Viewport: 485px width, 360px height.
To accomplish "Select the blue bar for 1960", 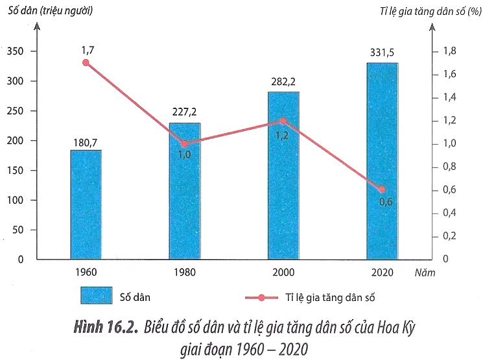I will pos(86,204).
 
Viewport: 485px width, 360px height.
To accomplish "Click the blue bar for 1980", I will pos(185,191).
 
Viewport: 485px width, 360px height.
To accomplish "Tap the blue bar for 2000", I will pos(283,175).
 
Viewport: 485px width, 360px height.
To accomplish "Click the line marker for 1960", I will pos(86,63).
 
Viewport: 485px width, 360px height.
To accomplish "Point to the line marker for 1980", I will pos(185,144).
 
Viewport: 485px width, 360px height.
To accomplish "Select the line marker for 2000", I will pos(283,121).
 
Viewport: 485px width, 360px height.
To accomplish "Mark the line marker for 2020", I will pos(382,189).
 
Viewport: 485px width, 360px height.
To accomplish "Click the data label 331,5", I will pos(382,52).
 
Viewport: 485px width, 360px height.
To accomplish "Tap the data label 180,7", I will pos(86,139).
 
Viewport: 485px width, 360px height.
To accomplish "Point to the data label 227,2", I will pos(185,112).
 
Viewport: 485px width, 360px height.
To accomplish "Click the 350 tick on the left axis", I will pos(18,51).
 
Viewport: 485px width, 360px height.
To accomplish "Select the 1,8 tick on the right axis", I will pos(449,51).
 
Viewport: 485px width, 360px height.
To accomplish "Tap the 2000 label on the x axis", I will pos(283,272).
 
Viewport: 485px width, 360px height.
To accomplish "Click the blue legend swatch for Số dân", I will pos(95,296).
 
